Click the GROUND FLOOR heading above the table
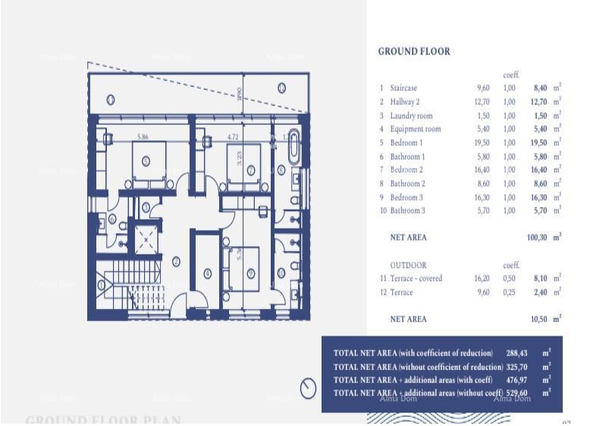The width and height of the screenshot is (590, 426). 413,52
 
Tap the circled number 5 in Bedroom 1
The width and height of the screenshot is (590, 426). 146,160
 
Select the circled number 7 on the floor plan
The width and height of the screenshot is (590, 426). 251,170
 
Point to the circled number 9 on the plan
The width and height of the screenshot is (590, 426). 250,273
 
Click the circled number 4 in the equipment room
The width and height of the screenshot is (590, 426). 208,273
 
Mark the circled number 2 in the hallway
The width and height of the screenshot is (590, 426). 176,261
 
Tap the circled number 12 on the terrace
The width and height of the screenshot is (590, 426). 281,88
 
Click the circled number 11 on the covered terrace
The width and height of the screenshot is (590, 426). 111,99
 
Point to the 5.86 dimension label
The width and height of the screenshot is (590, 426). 143,137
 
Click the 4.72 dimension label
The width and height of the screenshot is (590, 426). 233,137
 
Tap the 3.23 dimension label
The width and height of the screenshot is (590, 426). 240,158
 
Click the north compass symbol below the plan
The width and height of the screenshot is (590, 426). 308,388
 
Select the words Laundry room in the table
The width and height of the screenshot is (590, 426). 411,115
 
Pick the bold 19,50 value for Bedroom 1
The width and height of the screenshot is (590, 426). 537,143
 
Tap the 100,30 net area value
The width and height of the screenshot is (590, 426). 537,238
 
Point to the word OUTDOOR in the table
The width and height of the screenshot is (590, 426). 408,265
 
